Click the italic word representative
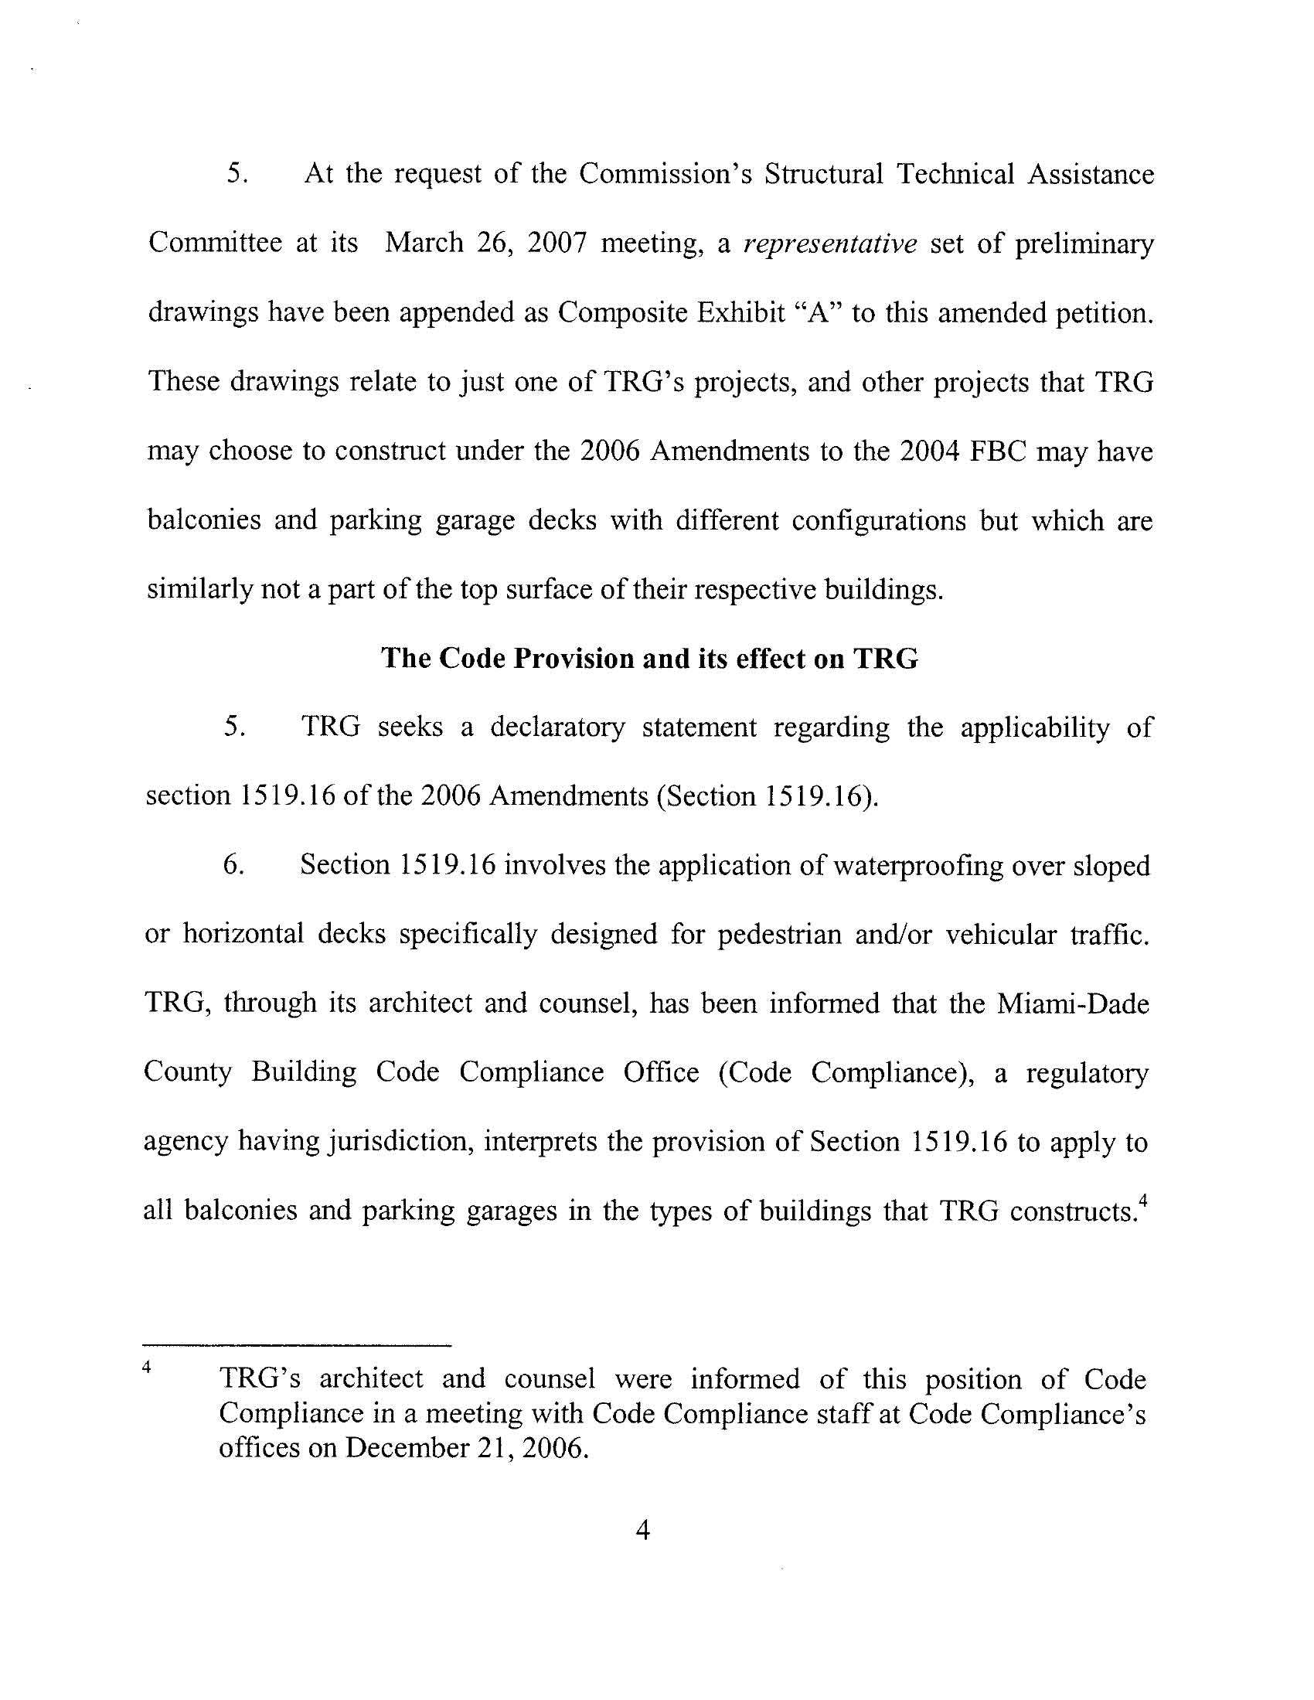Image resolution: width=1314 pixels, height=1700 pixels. (x=831, y=244)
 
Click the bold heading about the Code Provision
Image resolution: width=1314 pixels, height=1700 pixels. (x=649, y=659)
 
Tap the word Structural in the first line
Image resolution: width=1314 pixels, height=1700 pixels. (x=823, y=174)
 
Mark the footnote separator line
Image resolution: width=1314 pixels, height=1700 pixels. (x=298, y=1345)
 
